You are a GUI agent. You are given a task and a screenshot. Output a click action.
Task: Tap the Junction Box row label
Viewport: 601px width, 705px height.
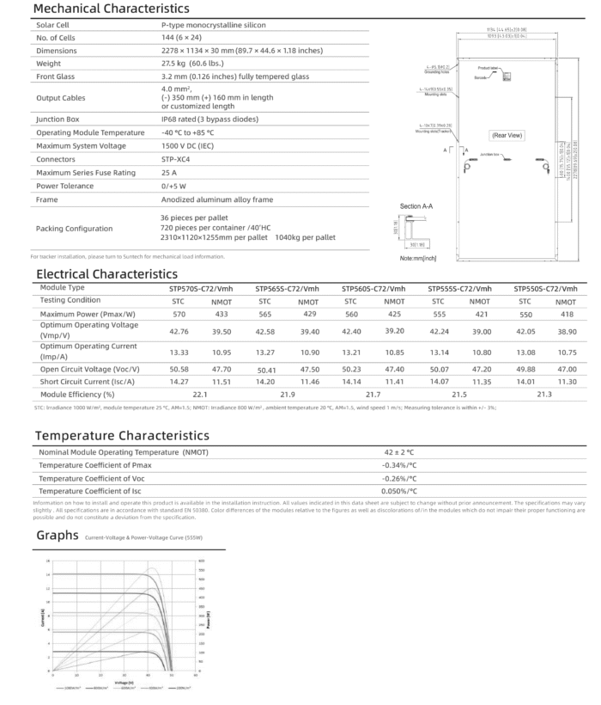(63, 119)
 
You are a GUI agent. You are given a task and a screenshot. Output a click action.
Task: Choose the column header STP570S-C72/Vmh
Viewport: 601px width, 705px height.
(201, 288)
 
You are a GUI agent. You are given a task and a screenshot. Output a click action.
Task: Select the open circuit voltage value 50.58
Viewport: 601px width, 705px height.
(179, 368)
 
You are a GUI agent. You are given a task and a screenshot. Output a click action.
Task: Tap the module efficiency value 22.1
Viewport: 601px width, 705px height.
(199, 393)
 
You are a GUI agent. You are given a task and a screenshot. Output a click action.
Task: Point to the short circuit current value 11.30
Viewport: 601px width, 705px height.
(566, 380)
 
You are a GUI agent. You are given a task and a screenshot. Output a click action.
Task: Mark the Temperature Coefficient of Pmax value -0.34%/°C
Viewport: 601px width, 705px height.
(399, 465)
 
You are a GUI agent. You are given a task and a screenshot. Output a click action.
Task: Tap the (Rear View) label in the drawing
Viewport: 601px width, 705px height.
(507, 135)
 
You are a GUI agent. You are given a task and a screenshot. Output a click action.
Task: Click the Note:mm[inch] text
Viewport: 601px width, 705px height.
(419, 257)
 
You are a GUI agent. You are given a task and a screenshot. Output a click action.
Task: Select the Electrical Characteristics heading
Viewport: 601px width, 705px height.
(106, 273)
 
